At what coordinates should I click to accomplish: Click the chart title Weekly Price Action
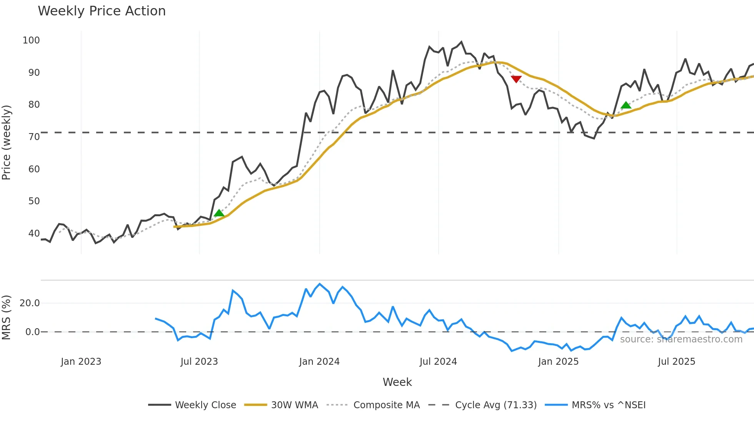pos(102,11)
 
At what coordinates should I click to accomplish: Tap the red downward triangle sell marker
pos(516,79)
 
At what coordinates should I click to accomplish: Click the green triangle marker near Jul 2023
pos(219,213)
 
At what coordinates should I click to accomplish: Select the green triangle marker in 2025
pos(626,105)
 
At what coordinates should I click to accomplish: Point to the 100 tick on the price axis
pos(31,40)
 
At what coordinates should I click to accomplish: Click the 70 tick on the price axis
pos(34,137)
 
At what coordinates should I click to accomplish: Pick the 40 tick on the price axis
pos(34,234)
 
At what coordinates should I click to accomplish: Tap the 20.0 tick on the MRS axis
pos(30,303)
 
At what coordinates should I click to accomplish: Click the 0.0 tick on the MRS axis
pos(32,332)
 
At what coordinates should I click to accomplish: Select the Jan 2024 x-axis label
pos(319,362)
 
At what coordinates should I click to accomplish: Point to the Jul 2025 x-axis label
pos(676,362)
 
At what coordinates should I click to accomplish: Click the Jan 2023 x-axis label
pos(81,362)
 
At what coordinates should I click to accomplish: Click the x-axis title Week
pos(397,382)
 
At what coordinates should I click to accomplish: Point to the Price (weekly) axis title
pos(7,142)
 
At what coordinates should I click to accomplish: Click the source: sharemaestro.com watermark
pos(681,339)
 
